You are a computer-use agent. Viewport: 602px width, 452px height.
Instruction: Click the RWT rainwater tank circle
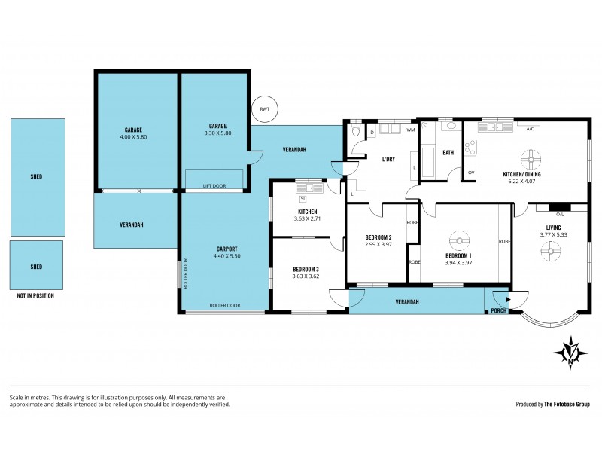click(264, 110)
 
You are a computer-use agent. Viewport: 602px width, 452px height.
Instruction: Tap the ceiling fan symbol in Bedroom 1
click(459, 241)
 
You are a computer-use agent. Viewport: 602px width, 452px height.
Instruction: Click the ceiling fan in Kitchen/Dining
click(532, 159)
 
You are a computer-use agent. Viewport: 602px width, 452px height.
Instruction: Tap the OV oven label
click(471, 173)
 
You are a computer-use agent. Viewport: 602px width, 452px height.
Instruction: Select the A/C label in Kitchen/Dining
click(530, 129)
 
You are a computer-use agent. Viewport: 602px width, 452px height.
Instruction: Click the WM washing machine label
click(410, 130)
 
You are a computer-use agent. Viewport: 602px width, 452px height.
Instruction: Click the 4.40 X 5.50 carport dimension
click(227, 257)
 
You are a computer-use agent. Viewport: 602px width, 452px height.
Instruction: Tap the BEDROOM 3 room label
click(306, 269)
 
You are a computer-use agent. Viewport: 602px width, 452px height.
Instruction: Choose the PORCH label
click(498, 310)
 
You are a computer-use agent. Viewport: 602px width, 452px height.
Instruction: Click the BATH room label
click(448, 153)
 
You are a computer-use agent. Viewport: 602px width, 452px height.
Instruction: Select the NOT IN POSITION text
click(35, 296)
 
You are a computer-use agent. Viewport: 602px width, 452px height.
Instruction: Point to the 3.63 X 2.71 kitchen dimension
click(307, 219)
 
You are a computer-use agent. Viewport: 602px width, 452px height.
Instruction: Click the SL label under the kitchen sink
click(303, 199)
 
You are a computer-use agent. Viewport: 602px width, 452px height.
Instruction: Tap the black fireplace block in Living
click(558, 207)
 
